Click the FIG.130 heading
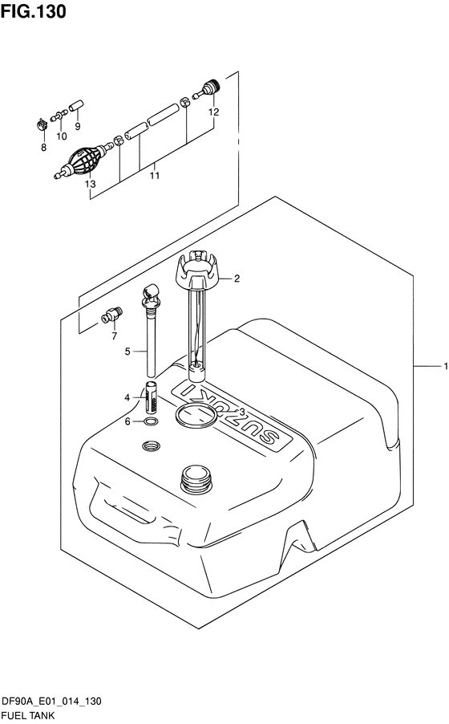[33, 11]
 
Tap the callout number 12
[213, 112]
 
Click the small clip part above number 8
[42, 124]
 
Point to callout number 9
[78, 125]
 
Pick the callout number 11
[154, 176]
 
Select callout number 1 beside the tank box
[445, 366]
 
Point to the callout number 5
[127, 352]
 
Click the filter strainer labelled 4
[152, 397]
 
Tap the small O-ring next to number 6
[151, 421]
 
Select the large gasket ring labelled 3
[197, 414]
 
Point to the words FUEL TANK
[28, 716]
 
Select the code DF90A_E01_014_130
[51, 702]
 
